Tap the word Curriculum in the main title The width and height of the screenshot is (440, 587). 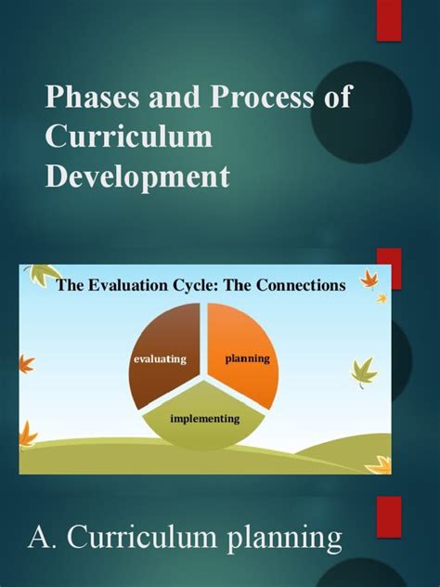[129, 136]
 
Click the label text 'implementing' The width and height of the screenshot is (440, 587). [204, 418]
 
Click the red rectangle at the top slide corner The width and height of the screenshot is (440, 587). [388, 20]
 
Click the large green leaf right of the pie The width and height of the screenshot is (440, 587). [364, 372]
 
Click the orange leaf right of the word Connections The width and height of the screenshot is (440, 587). [369, 279]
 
